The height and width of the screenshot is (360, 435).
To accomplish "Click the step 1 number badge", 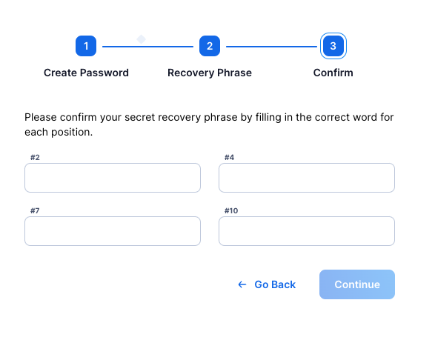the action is pos(86,46).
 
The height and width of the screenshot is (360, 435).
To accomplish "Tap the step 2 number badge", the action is pos(210,46).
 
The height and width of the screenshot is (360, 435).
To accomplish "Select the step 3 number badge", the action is pos(333,46).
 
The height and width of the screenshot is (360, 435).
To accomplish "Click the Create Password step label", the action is pos(86,73).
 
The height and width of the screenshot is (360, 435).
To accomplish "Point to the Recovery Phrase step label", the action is pos(210,73).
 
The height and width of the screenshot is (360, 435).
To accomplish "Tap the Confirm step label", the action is pos(333,73).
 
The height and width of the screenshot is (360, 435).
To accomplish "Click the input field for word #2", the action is pos(113,178).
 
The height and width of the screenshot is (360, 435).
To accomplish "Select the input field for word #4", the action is pos(307,178).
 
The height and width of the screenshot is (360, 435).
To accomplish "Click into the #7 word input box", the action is pos(113,231).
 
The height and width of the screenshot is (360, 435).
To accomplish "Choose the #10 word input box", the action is pos(307,231).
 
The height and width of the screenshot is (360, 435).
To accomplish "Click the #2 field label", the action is pos(35,157).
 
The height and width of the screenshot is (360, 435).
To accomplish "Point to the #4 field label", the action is pos(229,157).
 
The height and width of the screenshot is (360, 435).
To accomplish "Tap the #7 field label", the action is pos(35,210).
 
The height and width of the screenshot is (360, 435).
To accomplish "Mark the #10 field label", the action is pos(231,210).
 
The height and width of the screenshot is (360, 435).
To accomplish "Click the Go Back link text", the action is pos(275,284).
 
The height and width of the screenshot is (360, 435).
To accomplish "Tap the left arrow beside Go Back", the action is pos(242,284).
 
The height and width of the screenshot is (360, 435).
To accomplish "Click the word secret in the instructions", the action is pos(140,117).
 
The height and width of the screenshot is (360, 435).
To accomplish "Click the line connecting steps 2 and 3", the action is pos(272,47).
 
